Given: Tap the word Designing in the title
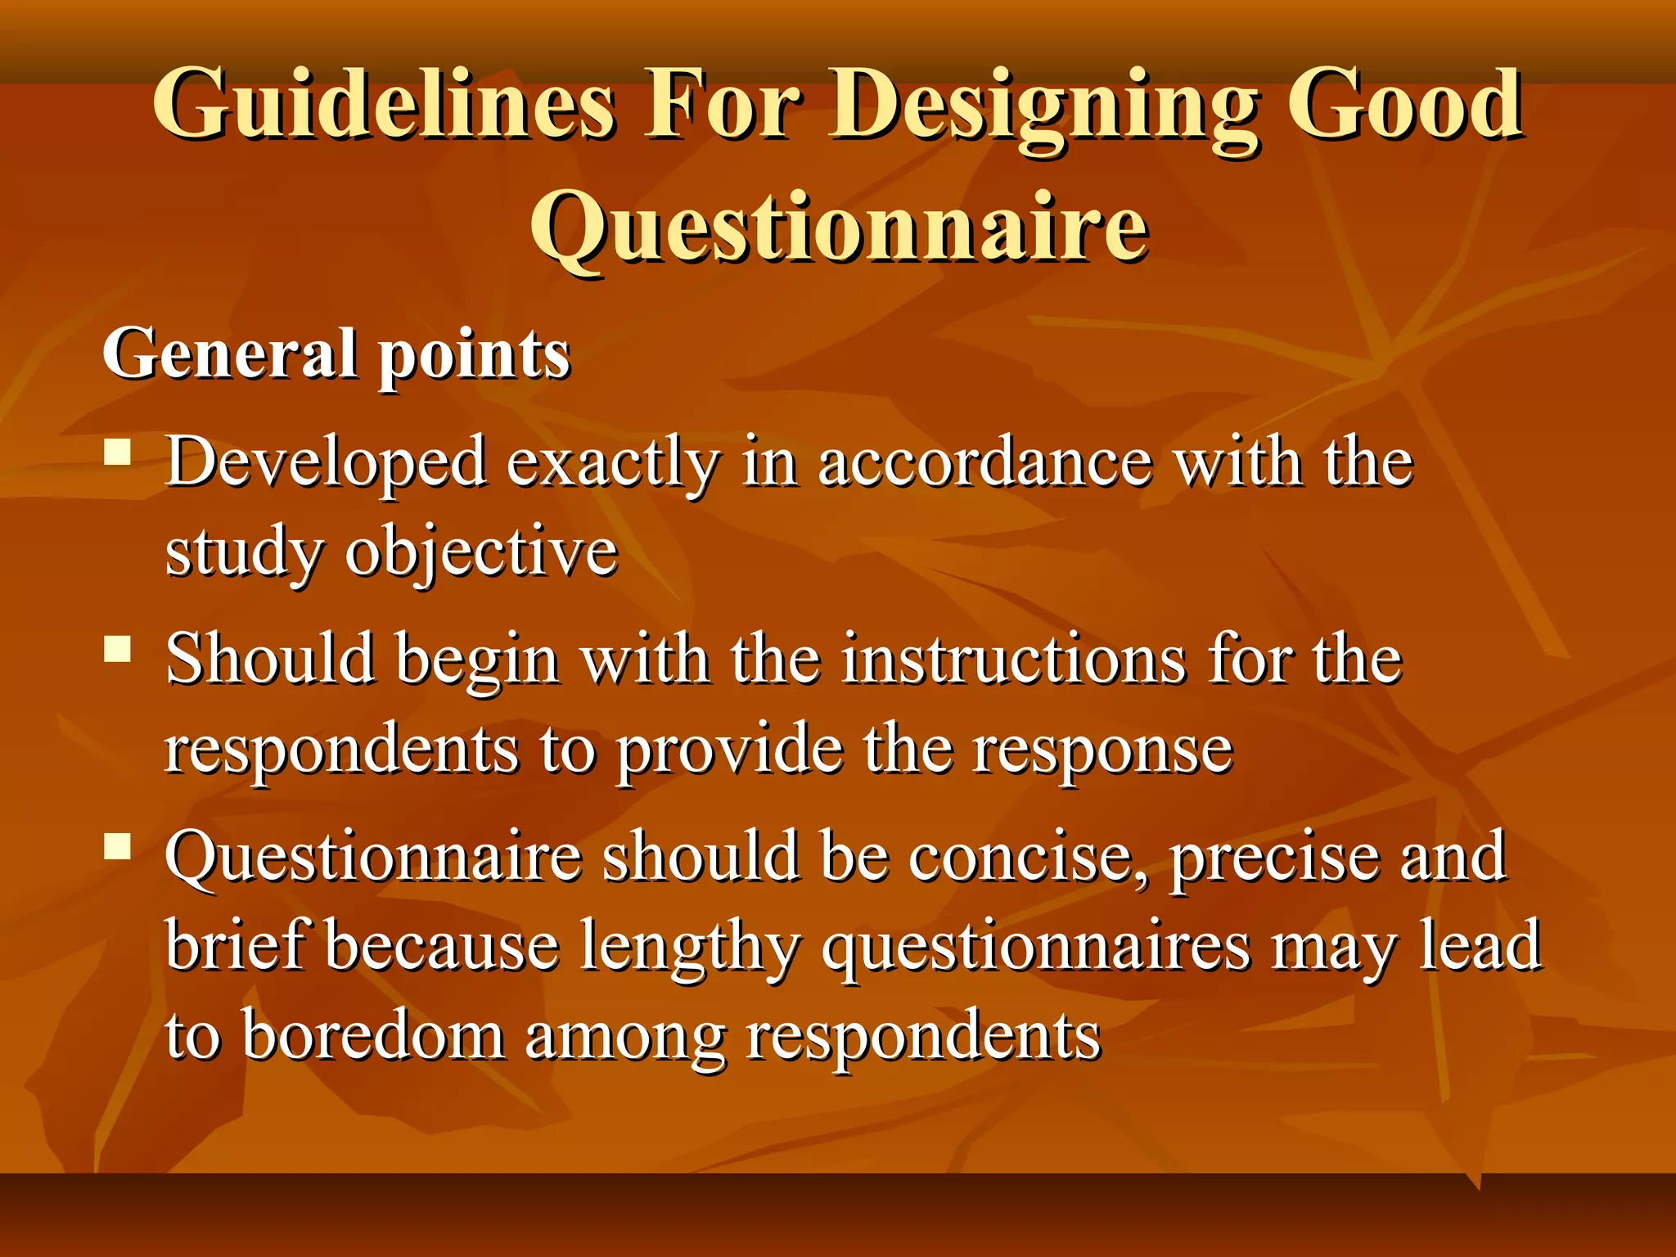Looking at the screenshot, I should coord(1043,105).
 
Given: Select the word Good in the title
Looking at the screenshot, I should coord(1404,105).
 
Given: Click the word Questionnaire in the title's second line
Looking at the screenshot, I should coord(840,227).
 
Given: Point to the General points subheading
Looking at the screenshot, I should coord(336,354).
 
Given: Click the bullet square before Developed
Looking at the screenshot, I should coord(119,452).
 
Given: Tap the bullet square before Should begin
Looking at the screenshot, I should coord(119,649).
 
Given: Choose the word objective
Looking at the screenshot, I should coord(481,552).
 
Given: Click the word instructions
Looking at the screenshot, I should coord(1014,659).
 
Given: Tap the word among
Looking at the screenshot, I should coord(624,1038).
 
